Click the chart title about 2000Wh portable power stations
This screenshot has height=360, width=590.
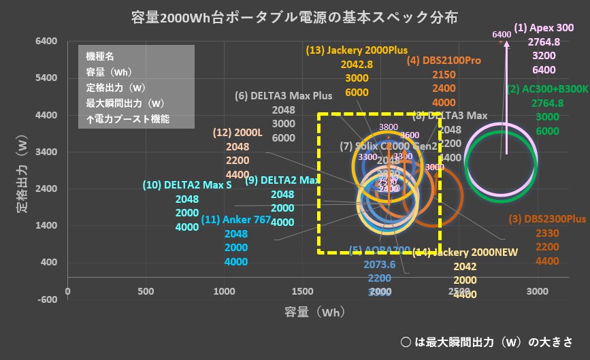294,16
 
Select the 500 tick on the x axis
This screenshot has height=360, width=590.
146,291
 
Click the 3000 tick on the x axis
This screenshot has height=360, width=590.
538,291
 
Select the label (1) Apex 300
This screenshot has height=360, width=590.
544,29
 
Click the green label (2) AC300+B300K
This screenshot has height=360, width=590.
548,88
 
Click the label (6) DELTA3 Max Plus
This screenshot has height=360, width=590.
284,96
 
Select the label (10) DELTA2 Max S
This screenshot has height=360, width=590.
187,185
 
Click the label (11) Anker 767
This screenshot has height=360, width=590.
236,219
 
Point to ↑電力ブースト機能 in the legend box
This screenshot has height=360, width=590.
128,118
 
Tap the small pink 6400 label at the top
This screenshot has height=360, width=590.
501,34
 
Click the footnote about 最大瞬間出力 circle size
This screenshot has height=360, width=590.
487,342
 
